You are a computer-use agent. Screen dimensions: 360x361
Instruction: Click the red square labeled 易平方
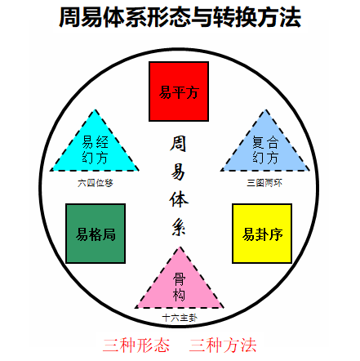(x=179, y=91)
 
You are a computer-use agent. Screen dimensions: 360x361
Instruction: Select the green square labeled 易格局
(x=96, y=234)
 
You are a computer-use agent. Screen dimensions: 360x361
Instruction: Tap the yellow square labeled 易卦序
(x=262, y=234)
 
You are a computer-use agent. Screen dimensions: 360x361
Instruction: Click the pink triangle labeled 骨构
(x=180, y=284)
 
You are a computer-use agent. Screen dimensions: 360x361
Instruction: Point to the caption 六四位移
(x=96, y=183)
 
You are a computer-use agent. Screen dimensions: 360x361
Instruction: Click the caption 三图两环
(x=264, y=183)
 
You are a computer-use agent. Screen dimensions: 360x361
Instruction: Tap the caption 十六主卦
(x=180, y=318)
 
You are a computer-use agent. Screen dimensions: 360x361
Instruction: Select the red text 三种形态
(x=136, y=345)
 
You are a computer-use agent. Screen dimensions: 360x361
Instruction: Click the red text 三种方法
(x=223, y=345)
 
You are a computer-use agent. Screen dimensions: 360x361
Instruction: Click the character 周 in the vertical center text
(x=178, y=144)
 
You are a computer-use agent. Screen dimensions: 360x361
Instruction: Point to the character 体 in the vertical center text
(x=179, y=200)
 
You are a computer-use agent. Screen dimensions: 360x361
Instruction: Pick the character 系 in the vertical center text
(x=179, y=227)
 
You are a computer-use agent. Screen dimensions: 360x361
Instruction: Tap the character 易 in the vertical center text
(x=178, y=172)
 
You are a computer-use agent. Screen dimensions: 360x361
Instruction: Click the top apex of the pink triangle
(x=180, y=247)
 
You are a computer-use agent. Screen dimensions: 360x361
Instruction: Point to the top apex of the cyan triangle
(x=95, y=109)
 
